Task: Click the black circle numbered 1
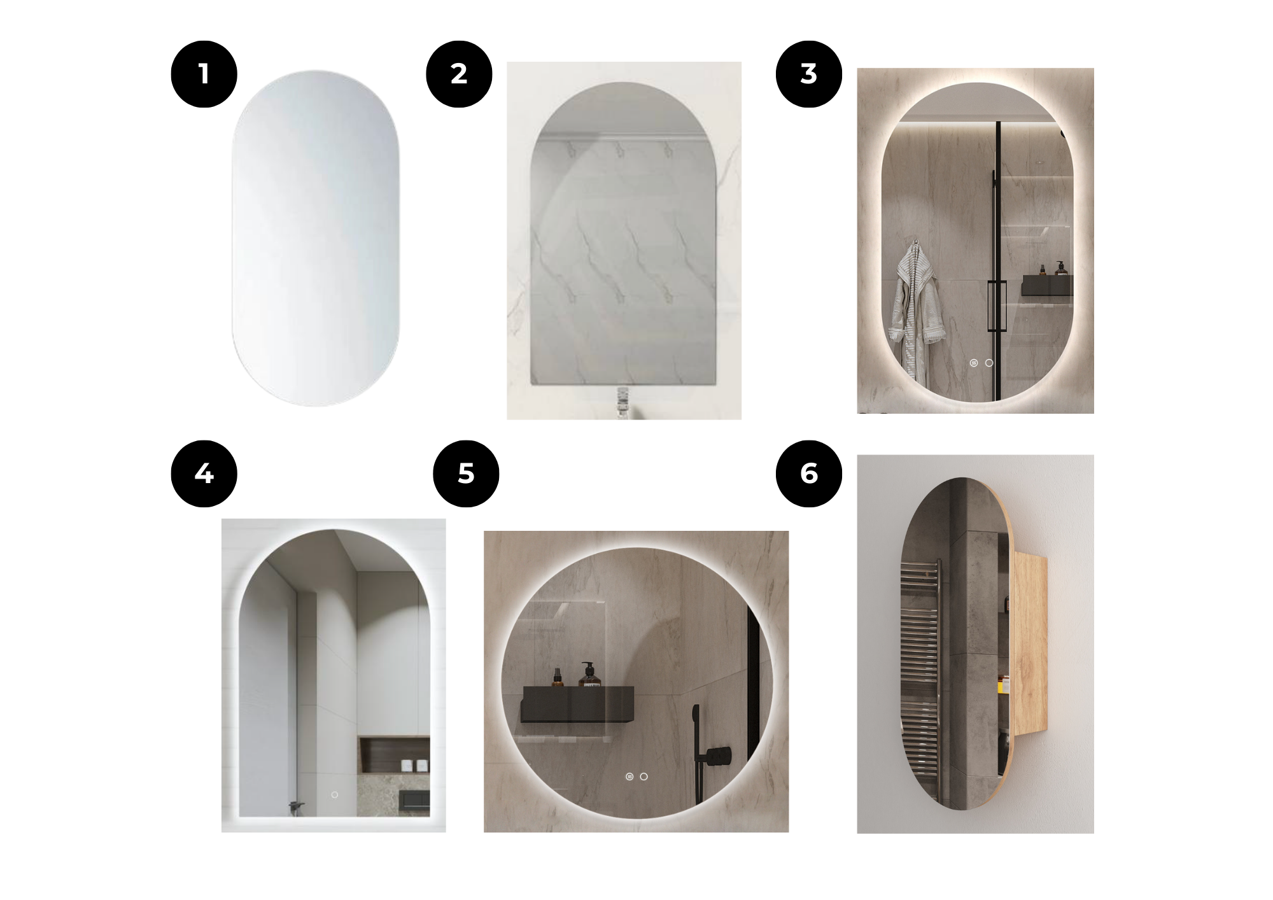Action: point(204,74)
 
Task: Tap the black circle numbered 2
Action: point(459,74)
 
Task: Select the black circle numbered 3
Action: point(808,74)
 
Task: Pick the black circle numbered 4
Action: point(204,474)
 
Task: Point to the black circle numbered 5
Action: point(466,474)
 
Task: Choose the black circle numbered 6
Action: point(808,474)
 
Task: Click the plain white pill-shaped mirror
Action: point(316,238)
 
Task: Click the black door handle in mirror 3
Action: point(995,306)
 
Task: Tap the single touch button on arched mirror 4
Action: point(335,795)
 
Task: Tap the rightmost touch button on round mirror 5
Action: point(644,777)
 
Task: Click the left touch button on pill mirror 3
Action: point(974,363)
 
